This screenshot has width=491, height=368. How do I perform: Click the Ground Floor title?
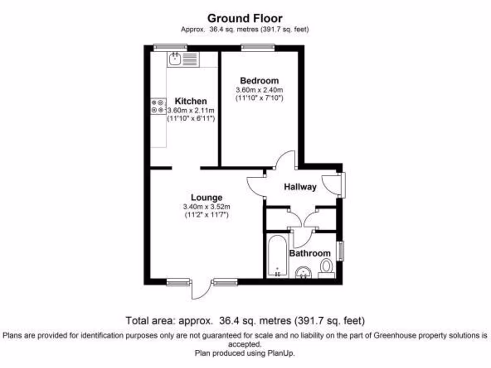point(245,18)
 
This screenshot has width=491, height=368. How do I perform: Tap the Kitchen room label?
point(190,101)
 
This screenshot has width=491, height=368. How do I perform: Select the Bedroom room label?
point(259,80)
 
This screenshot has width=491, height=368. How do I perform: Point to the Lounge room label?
point(207,197)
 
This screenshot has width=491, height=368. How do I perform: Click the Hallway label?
point(300,187)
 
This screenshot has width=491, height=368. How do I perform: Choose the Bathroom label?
point(310,253)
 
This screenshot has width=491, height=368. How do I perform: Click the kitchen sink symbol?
point(175,59)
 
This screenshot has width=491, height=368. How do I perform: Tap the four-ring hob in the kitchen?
point(157,106)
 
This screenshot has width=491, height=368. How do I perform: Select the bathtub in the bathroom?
point(277,256)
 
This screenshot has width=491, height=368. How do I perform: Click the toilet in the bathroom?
point(327,267)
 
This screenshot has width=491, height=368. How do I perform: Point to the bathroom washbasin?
point(303,273)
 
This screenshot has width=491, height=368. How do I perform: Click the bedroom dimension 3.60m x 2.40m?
point(259,90)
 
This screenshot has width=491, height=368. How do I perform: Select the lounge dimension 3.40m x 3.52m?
point(207,207)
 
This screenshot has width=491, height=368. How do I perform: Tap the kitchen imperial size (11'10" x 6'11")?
point(190,118)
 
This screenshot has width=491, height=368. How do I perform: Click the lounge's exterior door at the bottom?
point(200,289)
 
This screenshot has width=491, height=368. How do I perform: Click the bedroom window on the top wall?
point(258,47)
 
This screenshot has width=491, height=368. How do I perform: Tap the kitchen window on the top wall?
point(170,47)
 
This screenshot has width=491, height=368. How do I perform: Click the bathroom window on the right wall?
point(340,251)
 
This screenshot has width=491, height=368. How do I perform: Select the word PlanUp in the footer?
point(280,354)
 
